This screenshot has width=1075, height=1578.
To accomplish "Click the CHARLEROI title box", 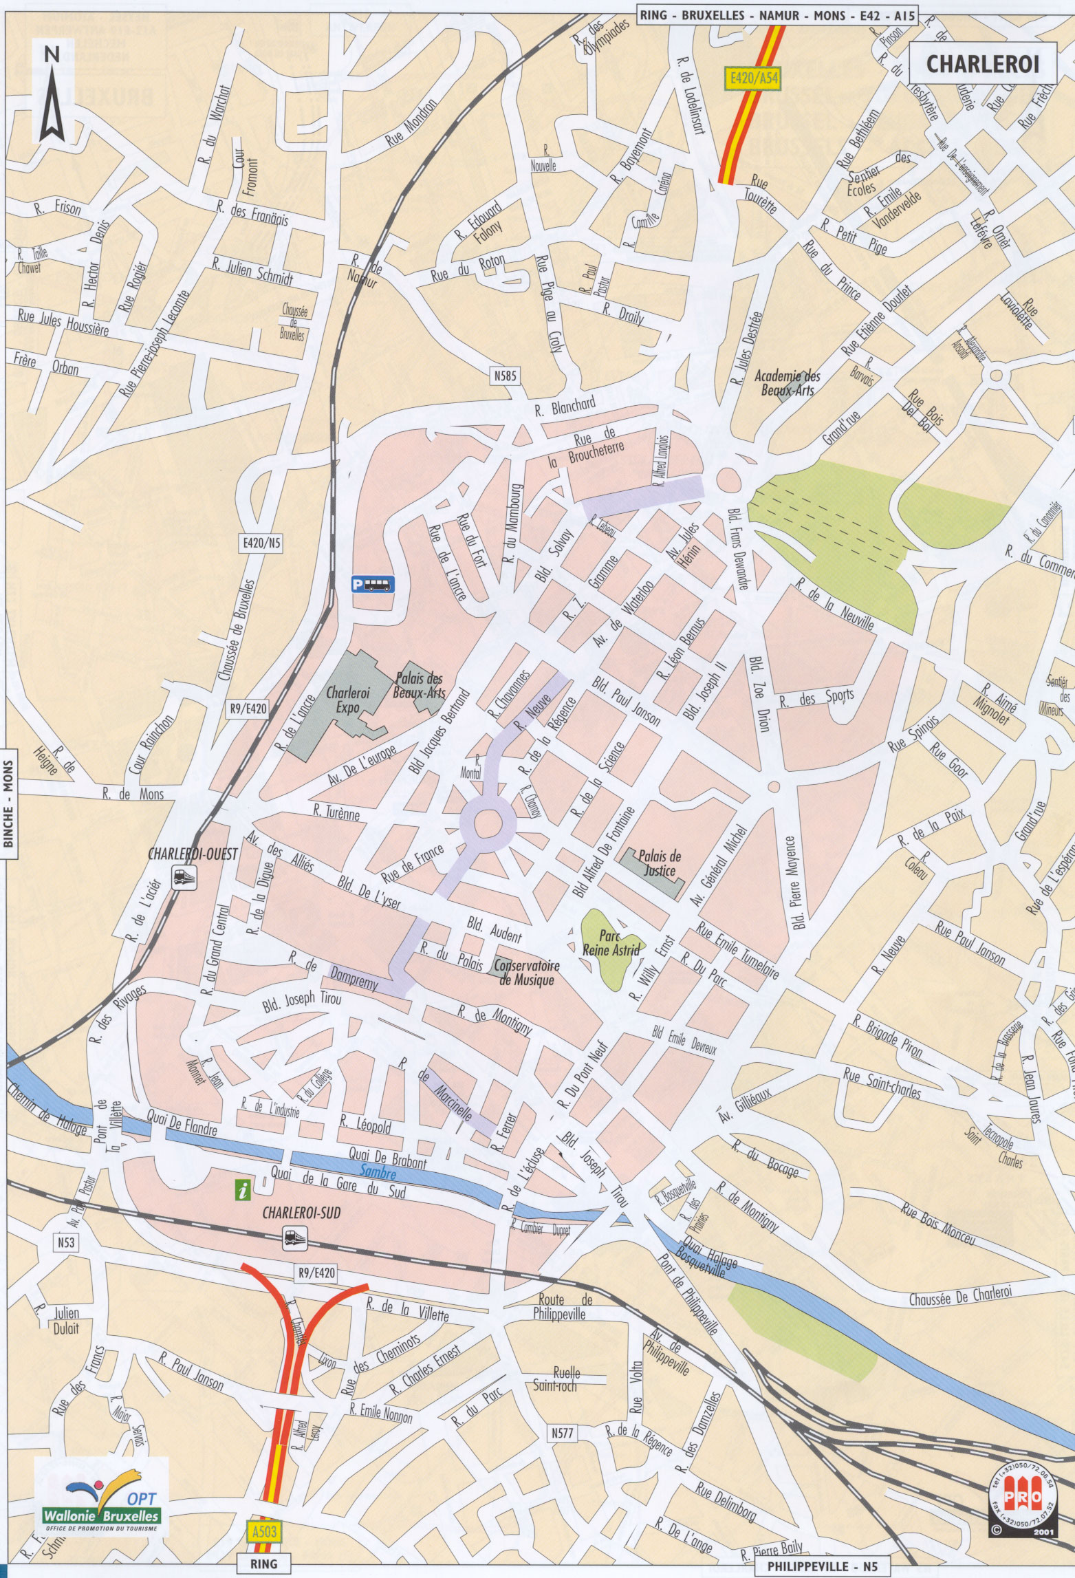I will point(981,64).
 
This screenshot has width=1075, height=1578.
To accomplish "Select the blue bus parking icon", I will point(373,584).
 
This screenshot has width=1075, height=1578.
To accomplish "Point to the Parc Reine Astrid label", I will point(611,944).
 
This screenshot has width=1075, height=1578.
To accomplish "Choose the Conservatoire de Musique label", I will point(526,973).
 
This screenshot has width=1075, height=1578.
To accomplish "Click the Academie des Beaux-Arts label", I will point(788,382).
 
